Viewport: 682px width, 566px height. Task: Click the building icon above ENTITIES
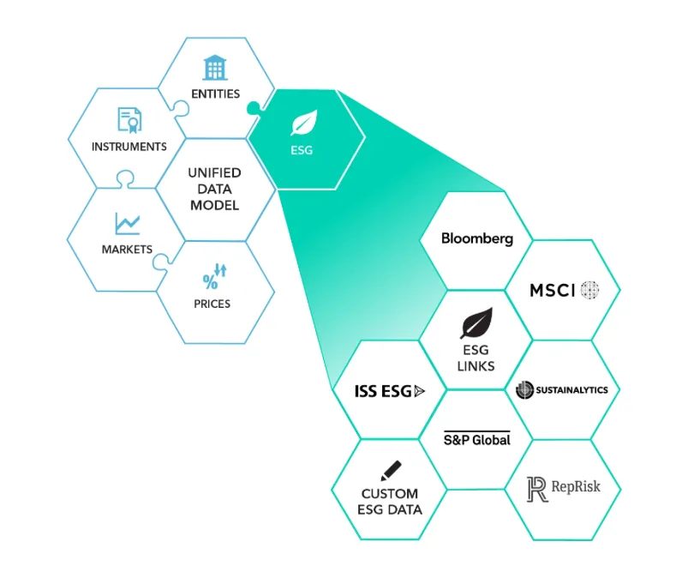(215, 68)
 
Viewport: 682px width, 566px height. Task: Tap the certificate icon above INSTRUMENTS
(129, 120)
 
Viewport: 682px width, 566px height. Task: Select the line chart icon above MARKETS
(127, 223)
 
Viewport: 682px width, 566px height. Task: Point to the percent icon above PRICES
(214, 276)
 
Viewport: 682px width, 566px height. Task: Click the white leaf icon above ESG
(304, 123)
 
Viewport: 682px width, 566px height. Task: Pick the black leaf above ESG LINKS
(476, 322)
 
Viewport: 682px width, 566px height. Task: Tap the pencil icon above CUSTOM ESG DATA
(391, 471)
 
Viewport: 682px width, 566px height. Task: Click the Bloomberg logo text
(477, 238)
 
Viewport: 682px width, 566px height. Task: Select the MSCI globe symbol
(589, 290)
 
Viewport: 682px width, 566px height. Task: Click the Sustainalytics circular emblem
(524, 389)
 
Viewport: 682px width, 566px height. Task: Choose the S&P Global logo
(476, 439)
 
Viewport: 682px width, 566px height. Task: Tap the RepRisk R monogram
(537, 490)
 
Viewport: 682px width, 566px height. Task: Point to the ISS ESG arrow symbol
(420, 391)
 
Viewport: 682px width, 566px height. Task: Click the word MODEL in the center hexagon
(214, 205)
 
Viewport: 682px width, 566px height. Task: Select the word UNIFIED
(214, 173)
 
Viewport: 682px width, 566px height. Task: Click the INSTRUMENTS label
(129, 147)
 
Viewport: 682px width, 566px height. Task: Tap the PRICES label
(212, 304)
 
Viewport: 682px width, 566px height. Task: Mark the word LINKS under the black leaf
(476, 366)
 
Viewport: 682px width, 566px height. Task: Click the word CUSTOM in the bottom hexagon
(390, 494)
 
